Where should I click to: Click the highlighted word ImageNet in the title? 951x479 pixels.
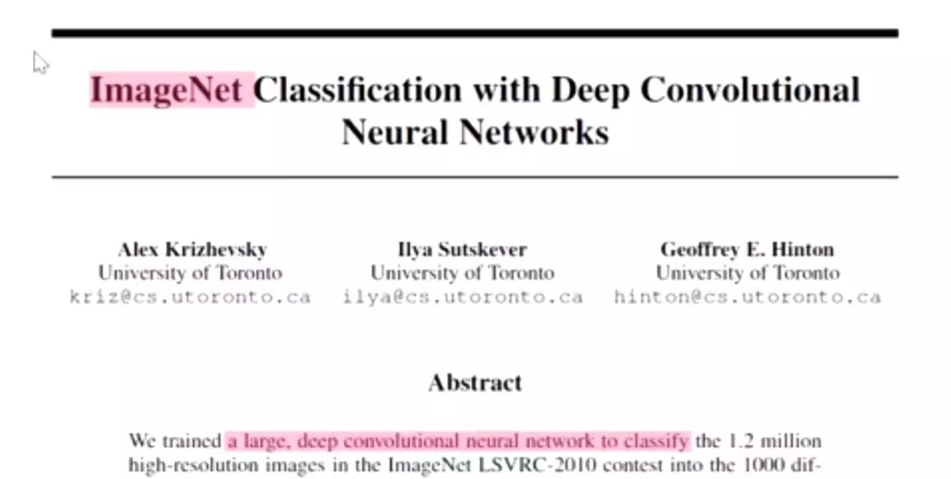coord(166,90)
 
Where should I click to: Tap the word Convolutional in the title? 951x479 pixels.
coord(750,90)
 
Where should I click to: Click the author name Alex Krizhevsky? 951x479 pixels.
coord(192,250)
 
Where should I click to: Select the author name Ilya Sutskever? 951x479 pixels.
coord(462,250)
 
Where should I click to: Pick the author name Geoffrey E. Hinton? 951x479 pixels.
coord(747,250)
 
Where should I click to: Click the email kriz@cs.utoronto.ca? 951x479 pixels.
coord(190,297)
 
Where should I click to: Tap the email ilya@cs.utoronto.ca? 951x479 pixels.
coord(462,297)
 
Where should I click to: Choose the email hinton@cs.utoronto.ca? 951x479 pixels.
coord(747,297)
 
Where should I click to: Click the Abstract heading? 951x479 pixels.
coord(475,383)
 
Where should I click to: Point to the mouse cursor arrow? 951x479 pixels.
coord(40,62)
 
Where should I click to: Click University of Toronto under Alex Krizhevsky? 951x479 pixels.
coord(190,274)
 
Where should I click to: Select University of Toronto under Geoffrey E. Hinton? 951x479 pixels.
coord(747,274)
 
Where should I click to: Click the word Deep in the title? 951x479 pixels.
coord(591,90)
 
